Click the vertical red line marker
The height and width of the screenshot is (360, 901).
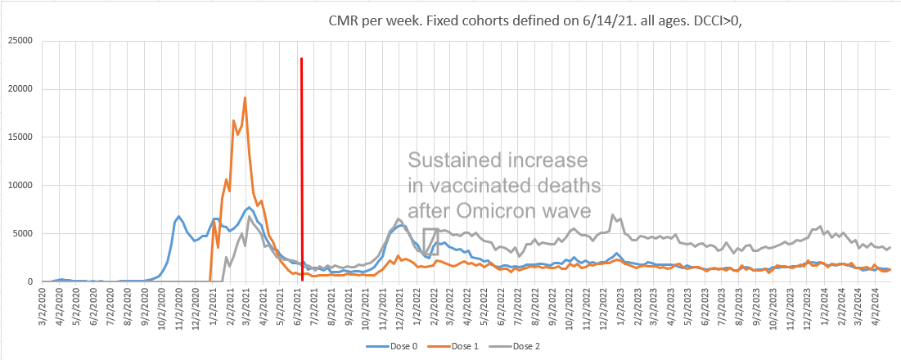(302, 164)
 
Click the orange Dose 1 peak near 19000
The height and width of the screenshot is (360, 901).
(245, 98)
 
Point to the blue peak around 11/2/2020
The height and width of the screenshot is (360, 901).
(179, 217)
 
